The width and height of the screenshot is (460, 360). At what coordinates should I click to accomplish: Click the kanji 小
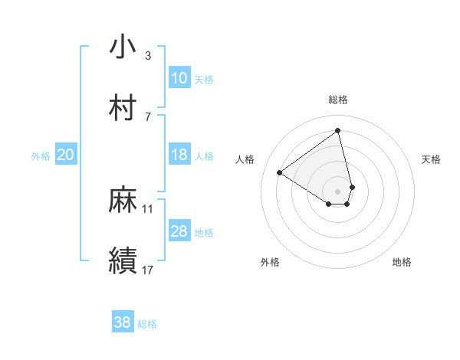click(123, 47)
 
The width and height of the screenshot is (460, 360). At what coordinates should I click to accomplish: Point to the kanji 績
click(123, 260)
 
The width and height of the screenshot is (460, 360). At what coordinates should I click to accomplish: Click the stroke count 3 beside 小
click(148, 56)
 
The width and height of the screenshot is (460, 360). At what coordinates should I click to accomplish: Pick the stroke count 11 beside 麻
click(148, 208)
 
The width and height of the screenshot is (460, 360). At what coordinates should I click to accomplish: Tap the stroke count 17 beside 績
click(148, 270)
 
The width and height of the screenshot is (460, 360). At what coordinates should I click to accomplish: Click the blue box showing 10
click(179, 78)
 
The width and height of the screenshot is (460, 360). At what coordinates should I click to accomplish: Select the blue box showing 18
click(179, 155)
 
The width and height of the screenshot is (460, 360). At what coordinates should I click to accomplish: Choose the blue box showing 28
click(179, 231)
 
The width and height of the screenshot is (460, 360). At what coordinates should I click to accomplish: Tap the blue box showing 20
click(66, 155)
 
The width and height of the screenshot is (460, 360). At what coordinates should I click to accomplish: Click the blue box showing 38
click(123, 322)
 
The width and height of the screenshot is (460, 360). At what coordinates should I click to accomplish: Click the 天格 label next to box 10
click(204, 80)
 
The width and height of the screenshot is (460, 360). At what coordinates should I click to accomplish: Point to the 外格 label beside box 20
click(41, 156)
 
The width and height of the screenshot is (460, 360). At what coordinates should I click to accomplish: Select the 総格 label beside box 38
click(147, 324)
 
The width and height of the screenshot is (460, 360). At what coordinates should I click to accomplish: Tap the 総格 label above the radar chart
click(338, 100)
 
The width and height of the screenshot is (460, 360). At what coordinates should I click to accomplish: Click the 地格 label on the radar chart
click(402, 263)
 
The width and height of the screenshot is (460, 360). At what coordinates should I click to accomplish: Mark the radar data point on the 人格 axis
click(279, 172)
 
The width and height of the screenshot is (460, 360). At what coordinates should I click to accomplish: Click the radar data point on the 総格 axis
click(338, 130)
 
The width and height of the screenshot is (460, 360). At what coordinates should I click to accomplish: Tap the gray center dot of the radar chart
click(338, 191)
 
